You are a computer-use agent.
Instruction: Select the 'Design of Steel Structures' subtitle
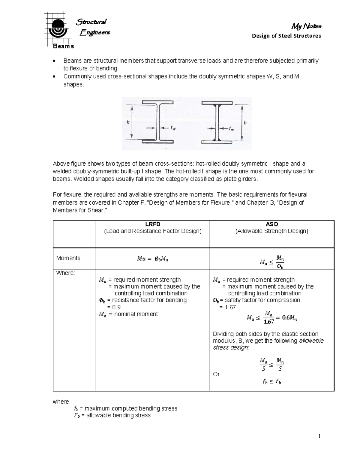(x=286, y=36)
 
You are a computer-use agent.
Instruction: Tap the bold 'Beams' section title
(x=63, y=46)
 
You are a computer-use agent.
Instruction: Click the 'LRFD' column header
(x=153, y=224)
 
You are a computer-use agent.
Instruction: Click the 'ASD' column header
(x=272, y=224)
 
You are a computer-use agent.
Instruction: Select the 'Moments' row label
(x=68, y=258)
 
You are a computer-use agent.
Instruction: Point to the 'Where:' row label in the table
(x=65, y=273)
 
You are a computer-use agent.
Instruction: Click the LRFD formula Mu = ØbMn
(x=153, y=259)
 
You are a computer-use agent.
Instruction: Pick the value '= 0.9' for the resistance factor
(x=114, y=307)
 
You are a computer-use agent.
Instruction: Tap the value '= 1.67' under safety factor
(x=228, y=307)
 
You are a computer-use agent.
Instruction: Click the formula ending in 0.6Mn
(x=272, y=318)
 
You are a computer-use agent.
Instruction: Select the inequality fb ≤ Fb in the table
(x=272, y=382)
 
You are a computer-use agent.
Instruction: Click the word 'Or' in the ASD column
(x=216, y=374)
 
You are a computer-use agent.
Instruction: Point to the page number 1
(x=319, y=436)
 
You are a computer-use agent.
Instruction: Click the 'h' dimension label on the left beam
(x=128, y=122)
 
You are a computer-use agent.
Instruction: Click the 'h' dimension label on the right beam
(x=245, y=122)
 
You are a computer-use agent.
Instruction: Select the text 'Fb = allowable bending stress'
(x=112, y=415)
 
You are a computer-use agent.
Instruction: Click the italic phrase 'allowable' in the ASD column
(x=311, y=341)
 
